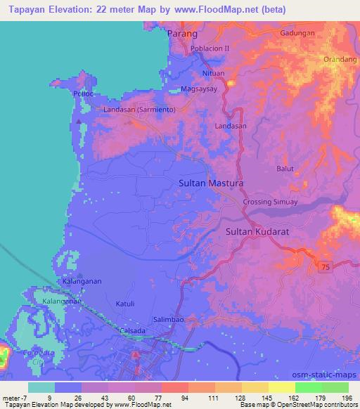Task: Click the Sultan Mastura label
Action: coord(211,183)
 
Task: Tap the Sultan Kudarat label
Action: coord(257,231)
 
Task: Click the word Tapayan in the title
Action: coord(25,9)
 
